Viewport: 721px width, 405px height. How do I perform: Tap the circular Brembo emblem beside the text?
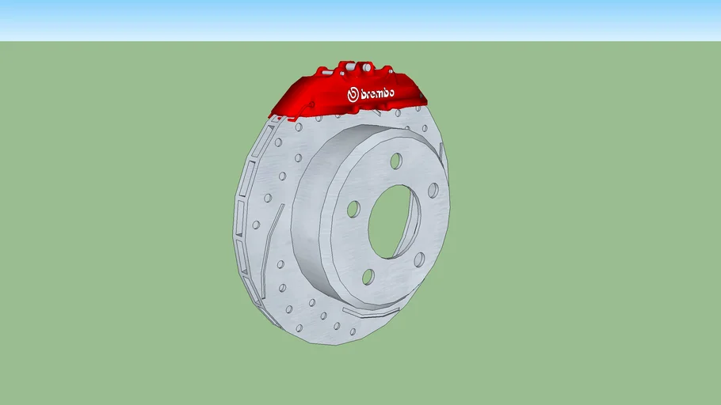(353, 95)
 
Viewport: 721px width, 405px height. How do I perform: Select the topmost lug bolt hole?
(395, 161)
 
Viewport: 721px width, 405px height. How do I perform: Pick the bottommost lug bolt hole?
(368, 276)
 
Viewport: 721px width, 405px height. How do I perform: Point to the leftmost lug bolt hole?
(353, 210)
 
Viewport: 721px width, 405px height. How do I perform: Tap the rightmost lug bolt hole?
(433, 191)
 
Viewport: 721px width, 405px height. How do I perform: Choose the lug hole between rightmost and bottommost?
(418, 259)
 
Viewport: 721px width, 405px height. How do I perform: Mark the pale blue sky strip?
(360, 20)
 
